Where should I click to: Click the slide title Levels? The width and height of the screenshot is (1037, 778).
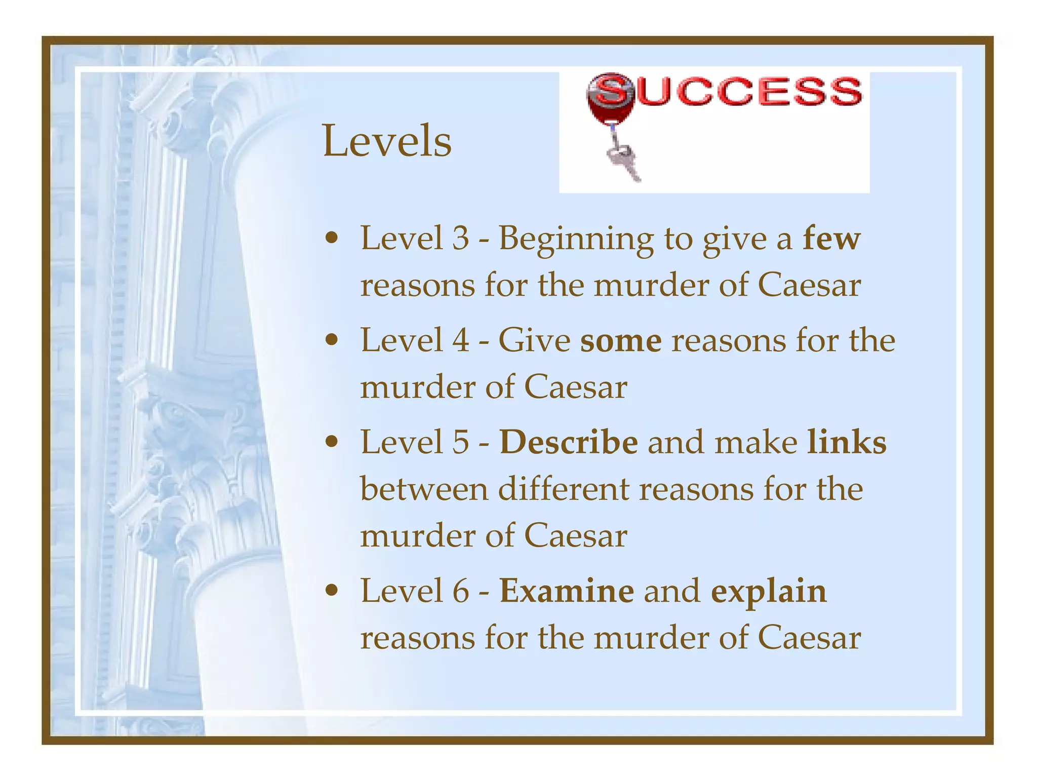point(387,141)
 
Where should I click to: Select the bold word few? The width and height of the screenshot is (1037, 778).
point(831,238)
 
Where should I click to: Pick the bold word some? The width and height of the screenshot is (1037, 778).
point(621,340)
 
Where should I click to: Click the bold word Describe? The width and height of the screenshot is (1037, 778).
point(569,442)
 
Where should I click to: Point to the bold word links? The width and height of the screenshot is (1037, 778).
point(847,442)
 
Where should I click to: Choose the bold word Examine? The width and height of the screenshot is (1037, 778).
point(567,591)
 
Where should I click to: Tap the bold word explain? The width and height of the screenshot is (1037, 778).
point(769,591)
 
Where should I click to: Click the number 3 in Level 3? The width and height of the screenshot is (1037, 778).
point(461,238)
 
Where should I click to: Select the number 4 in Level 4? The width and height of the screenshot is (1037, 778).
point(461,340)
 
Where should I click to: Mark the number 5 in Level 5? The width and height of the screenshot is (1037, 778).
point(461,442)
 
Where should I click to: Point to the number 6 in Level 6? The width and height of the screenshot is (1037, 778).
point(461,591)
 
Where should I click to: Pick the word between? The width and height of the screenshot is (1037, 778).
point(424,489)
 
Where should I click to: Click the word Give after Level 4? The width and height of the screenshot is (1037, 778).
point(534,340)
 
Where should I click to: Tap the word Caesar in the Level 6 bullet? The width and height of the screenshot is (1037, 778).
point(809,638)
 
